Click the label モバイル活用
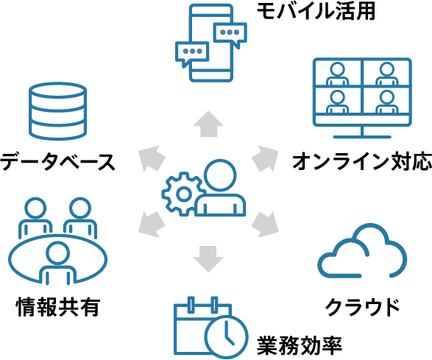pyautogui.click(x=316, y=11)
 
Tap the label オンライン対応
pyautogui.click(x=362, y=161)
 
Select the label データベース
pyautogui.click(x=57, y=161)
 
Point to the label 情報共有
pyautogui.click(x=58, y=306)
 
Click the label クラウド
pyautogui.click(x=363, y=306)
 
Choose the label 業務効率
pyautogui.click(x=300, y=345)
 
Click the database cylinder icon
pyautogui.click(x=58, y=111)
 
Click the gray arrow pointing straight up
pyautogui.click(x=208, y=124)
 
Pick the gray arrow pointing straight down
pyautogui.click(x=208, y=259)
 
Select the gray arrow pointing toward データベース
pyautogui.click(x=152, y=158)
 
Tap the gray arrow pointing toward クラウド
pyautogui.click(x=265, y=225)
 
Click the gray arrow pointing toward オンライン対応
pyautogui.click(x=265, y=158)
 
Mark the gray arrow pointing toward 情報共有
pyautogui.click(x=152, y=225)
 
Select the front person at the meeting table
pyautogui.click(x=58, y=263)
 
